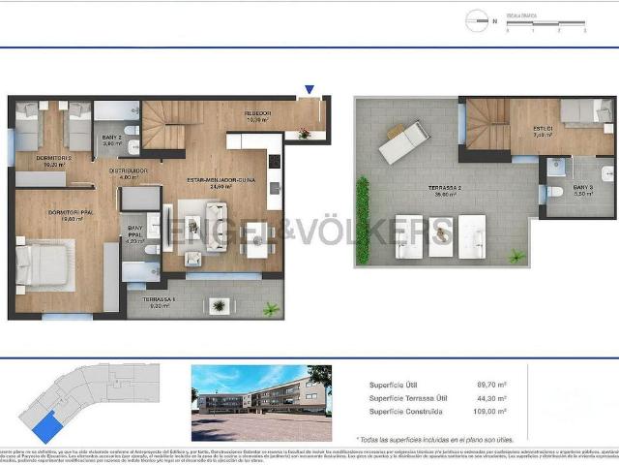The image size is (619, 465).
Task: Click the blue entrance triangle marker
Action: [309, 90]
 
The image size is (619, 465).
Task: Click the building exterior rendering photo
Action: [261, 388]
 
